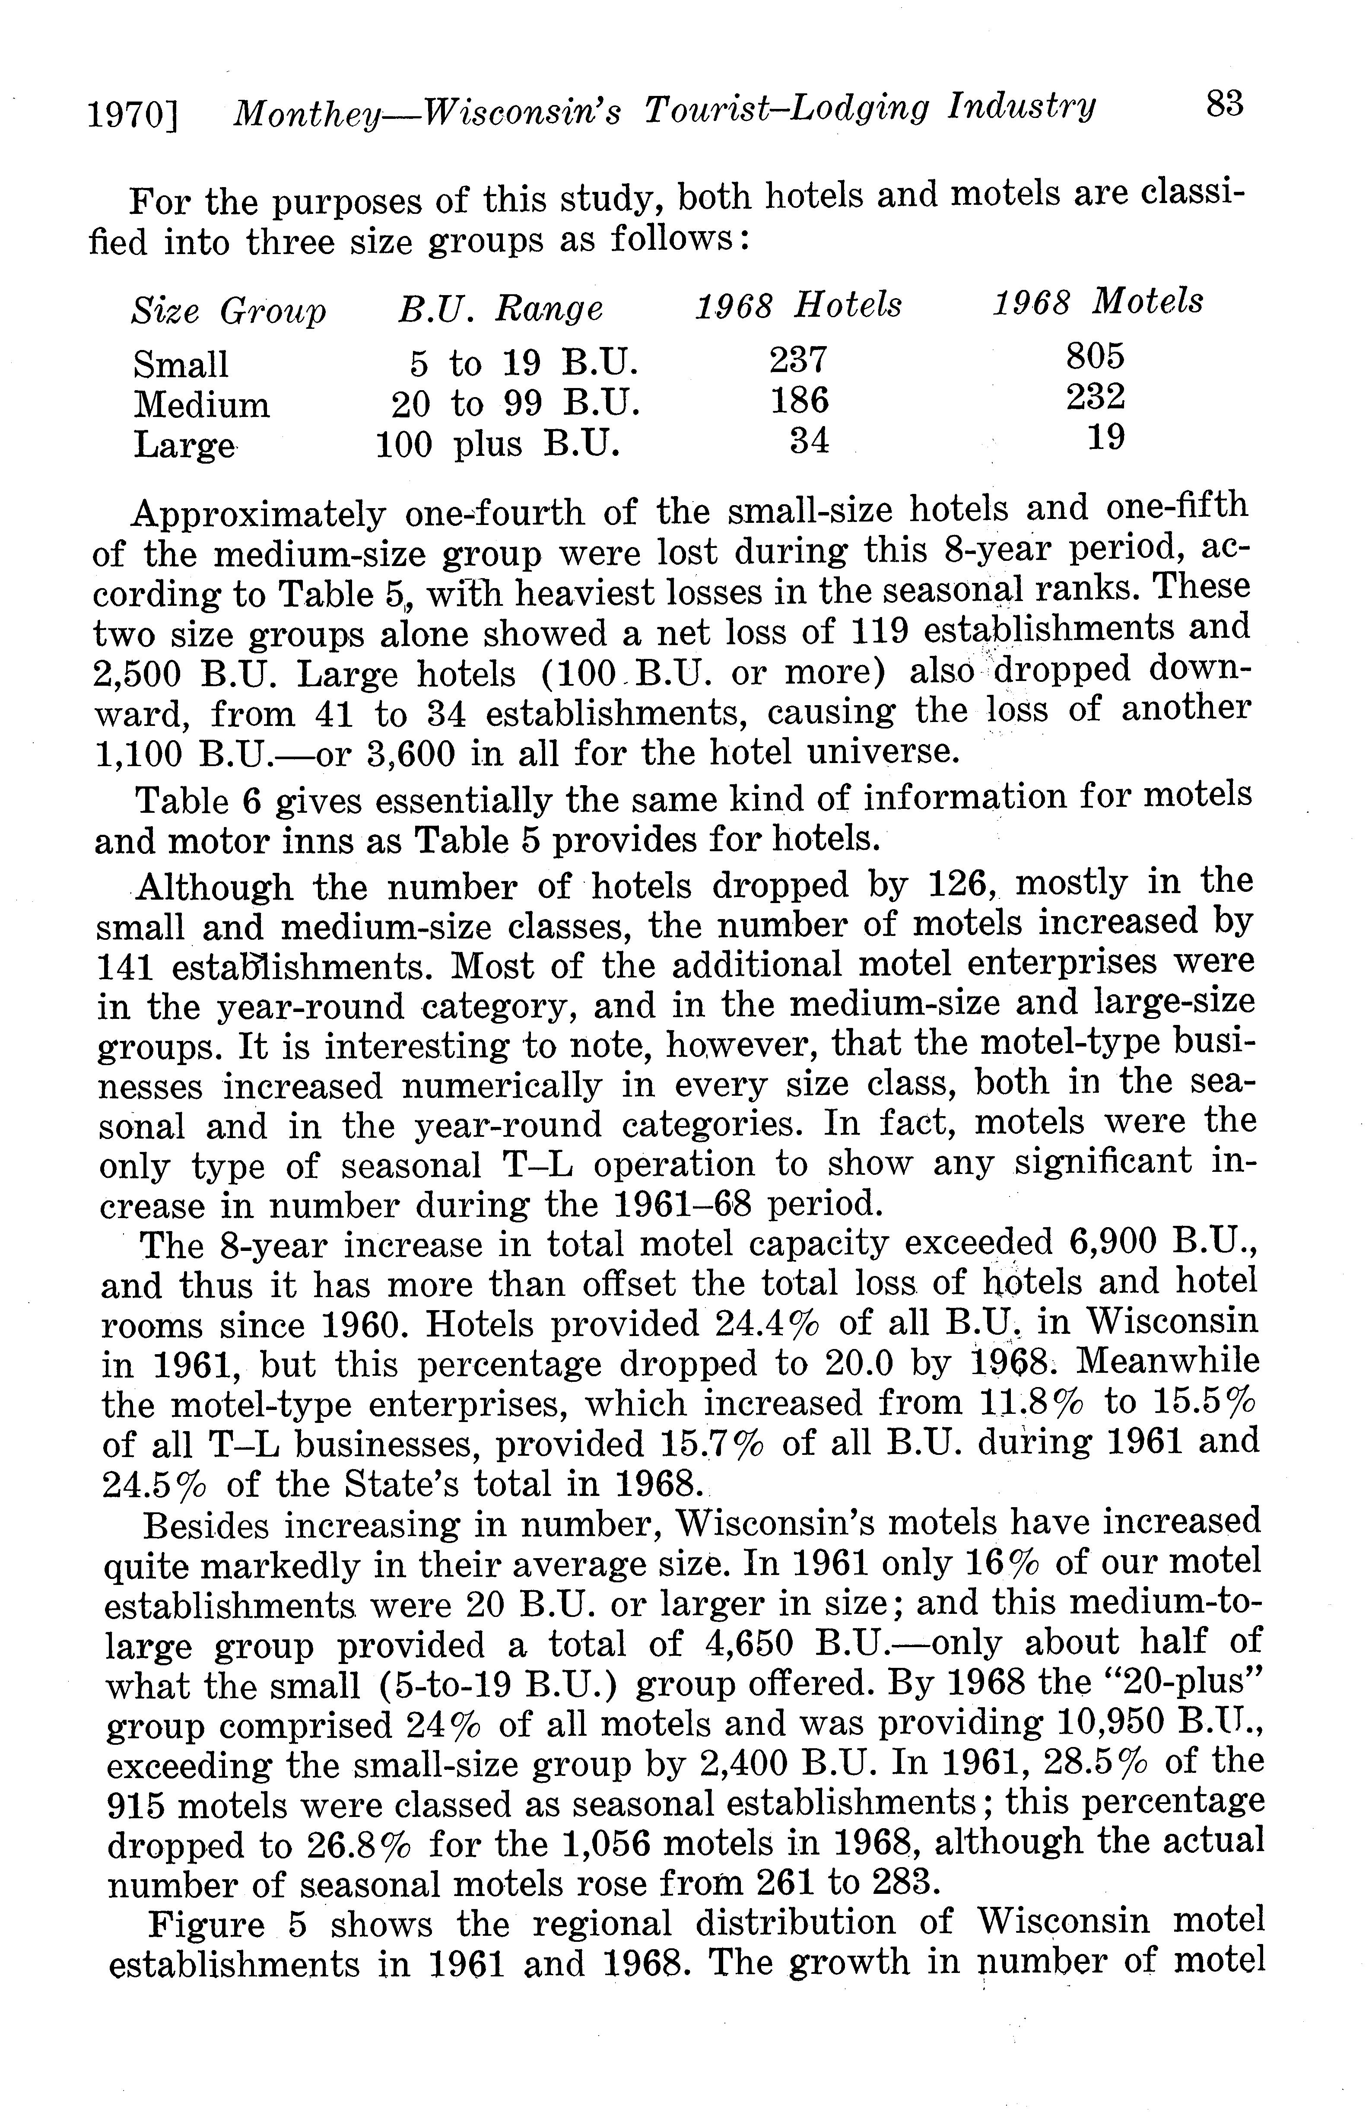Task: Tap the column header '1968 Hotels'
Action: click(798, 305)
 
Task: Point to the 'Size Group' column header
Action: click(229, 312)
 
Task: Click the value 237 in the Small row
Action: click(799, 359)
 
